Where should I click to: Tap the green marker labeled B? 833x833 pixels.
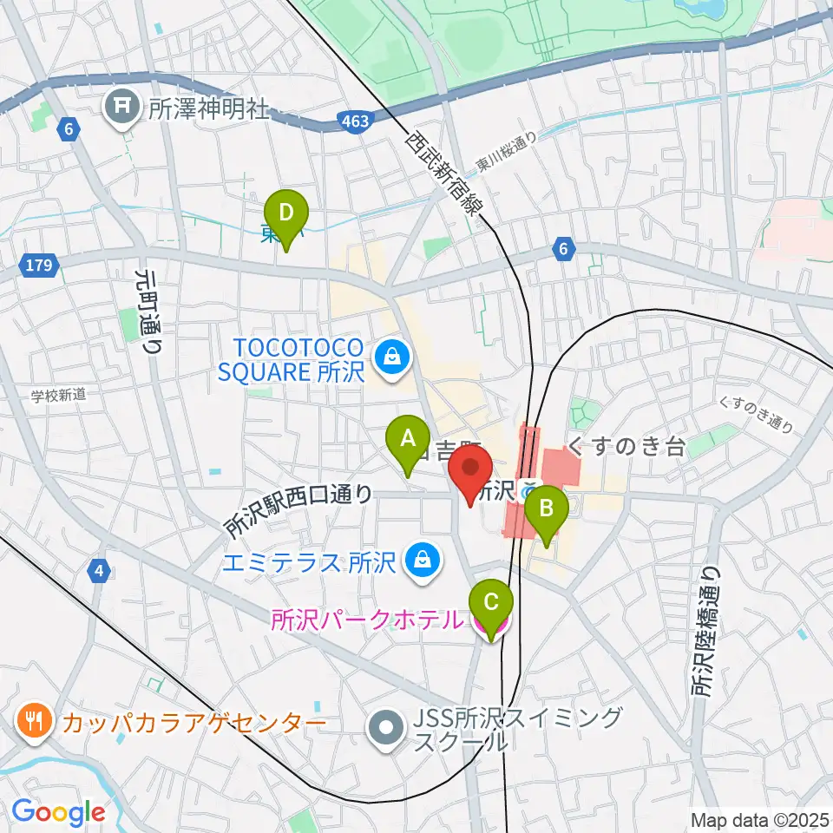(547, 513)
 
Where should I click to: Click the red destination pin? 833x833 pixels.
(471, 469)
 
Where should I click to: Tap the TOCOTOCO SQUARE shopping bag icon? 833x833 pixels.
(392, 356)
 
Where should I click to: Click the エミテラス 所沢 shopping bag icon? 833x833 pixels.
(421, 561)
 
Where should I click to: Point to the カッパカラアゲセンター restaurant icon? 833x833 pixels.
(33, 720)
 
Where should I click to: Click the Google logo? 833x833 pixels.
(58, 812)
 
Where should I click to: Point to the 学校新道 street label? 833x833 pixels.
(59, 395)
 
